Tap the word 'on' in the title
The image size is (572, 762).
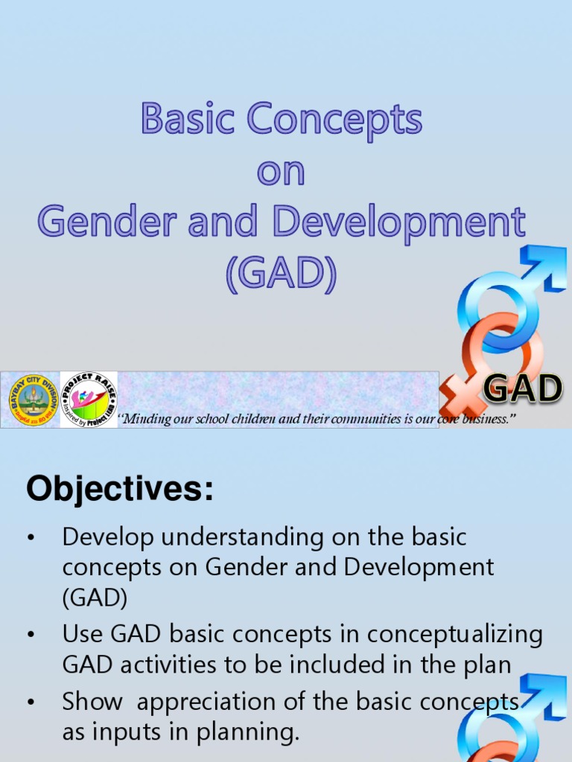point(281,173)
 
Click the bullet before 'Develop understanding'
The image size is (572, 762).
point(31,537)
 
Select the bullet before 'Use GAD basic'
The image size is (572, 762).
point(31,635)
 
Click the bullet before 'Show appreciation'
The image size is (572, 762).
point(31,702)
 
